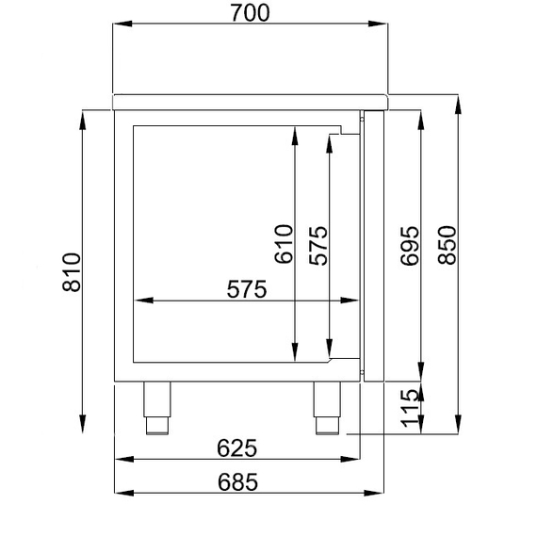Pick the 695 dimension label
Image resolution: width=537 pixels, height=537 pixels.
pyautogui.click(x=407, y=247)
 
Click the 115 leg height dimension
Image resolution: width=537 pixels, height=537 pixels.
pyautogui.click(x=407, y=409)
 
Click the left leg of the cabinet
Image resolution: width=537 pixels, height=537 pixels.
pyautogui.click(x=156, y=405)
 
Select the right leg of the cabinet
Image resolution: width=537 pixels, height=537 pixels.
pyautogui.click(x=326, y=405)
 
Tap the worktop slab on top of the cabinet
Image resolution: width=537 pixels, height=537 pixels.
pyautogui.click(x=250, y=100)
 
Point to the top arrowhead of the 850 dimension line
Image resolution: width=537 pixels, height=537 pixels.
pyautogui.click(x=459, y=102)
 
